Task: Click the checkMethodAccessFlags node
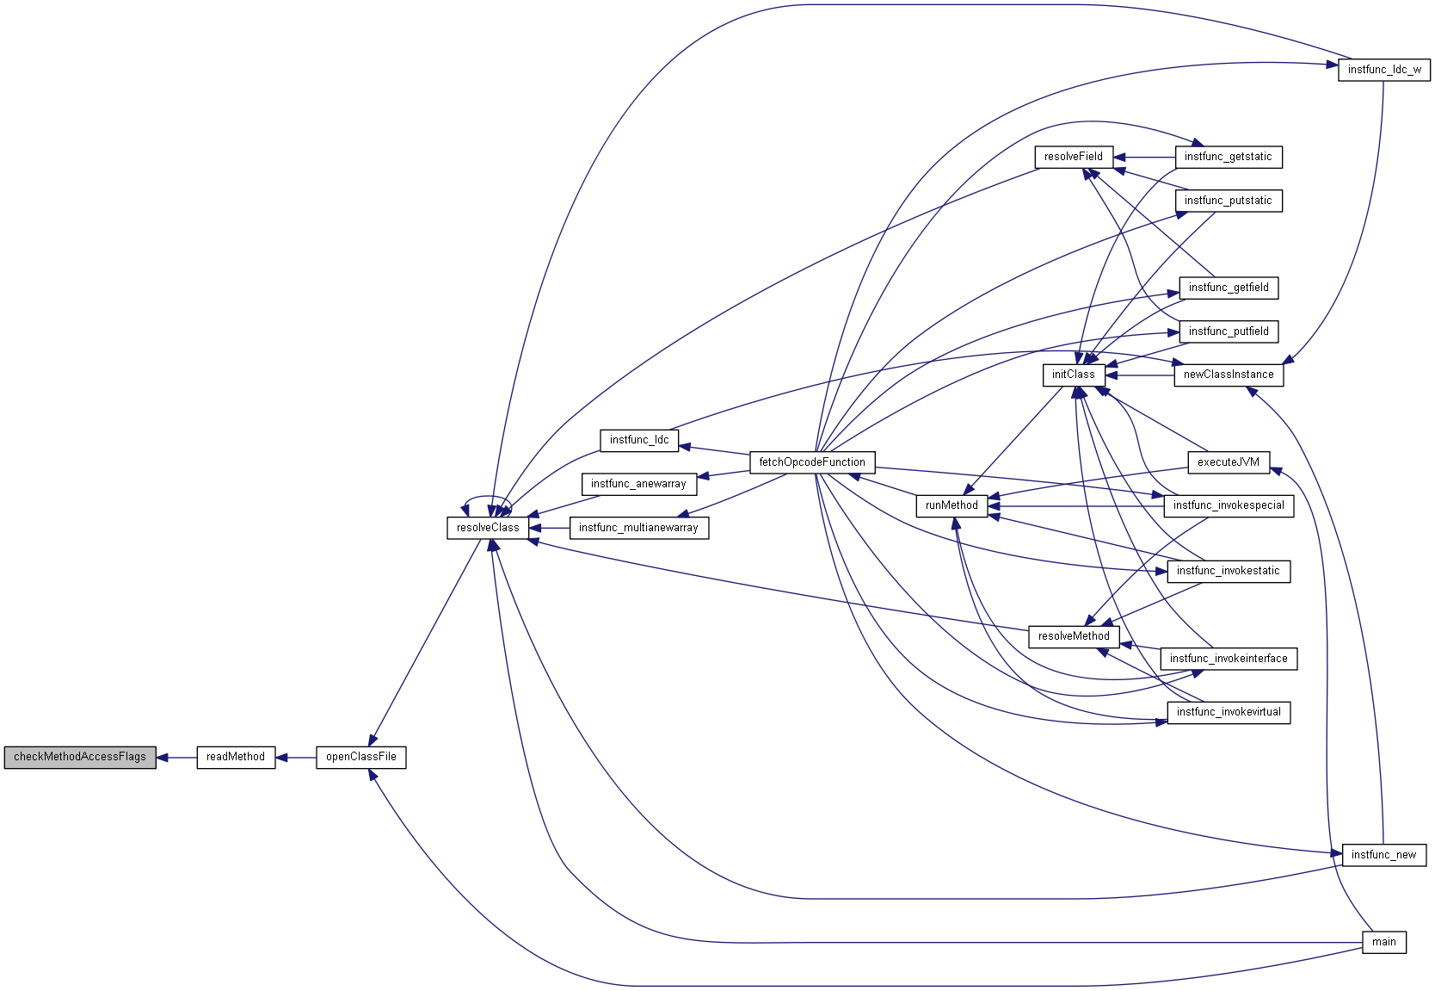(x=80, y=757)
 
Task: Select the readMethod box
(x=236, y=757)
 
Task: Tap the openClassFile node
(x=360, y=757)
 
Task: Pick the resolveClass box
(x=488, y=528)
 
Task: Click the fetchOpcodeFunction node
(x=812, y=462)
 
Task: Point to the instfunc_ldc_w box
(x=1383, y=70)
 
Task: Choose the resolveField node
(x=1073, y=157)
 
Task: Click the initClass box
(x=1073, y=375)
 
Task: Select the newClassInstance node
(x=1228, y=375)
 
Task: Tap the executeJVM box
(x=1228, y=462)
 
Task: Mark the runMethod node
(x=952, y=505)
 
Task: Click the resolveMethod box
(x=1074, y=636)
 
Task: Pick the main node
(x=1383, y=942)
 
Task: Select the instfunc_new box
(x=1383, y=855)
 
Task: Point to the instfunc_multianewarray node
(x=638, y=528)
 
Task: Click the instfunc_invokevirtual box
(x=1228, y=712)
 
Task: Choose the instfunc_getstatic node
(x=1228, y=157)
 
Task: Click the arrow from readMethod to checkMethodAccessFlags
(x=176, y=758)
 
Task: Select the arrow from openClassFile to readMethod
(x=295, y=758)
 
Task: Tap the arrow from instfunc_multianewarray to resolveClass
(x=549, y=528)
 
